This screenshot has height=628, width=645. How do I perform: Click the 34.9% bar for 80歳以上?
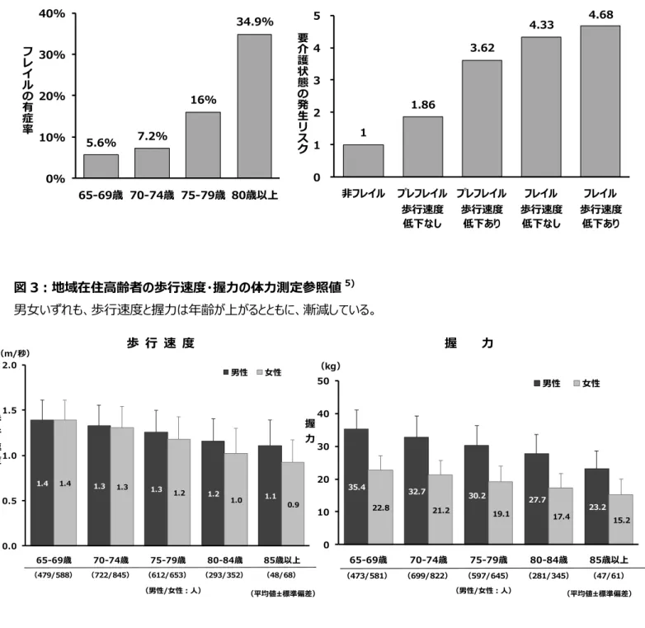pyautogui.click(x=254, y=106)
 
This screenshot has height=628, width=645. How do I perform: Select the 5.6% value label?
pyautogui.click(x=101, y=143)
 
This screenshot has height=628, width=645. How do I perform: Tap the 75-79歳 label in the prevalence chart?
pyautogui.click(x=203, y=195)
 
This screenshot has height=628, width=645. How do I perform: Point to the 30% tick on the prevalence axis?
pyautogui.click(x=52, y=54)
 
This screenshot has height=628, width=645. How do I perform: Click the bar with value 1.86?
pyautogui.click(x=423, y=147)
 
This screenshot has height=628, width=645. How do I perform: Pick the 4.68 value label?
pyautogui.click(x=600, y=15)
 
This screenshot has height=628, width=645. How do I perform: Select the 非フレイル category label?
pyautogui.click(x=363, y=193)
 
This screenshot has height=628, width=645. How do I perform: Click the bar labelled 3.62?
pyautogui.click(x=482, y=119)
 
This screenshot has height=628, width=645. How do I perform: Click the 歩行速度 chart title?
pyautogui.click(x=161, y=342)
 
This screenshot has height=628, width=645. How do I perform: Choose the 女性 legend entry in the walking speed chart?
pyautogui.click(x=269, y=372)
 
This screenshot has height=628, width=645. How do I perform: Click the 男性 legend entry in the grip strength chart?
pyautogui.click(x=547, y=384)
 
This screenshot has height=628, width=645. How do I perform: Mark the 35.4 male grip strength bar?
pyautogui.click(x=356, y=486)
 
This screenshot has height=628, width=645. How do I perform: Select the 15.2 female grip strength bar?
pyautogui.click(x=621, y=519)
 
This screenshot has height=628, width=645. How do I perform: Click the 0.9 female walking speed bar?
pyautogui.click(x=293, y=503)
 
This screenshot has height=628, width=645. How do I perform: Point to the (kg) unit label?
pyautogui.click(x=330, y=366)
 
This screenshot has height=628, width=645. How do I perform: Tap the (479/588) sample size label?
pyautogui.click(x=54, y=575)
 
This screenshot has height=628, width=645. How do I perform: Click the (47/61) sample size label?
pyautogui.click(x=609, y=576)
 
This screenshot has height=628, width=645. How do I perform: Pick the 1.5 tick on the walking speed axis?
pyautogui.click(x=9, y=410)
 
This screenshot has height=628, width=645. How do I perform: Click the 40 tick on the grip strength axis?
pyautogui.click(x=323, y=413)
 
